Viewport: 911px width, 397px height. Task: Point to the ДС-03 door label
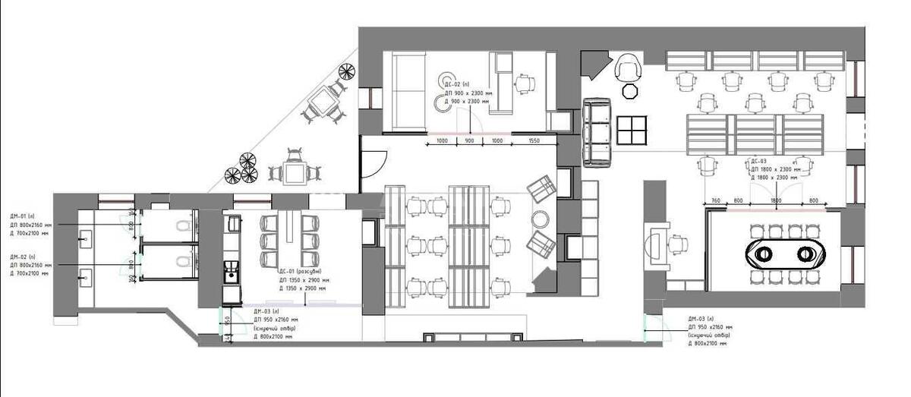[x=758, y=162]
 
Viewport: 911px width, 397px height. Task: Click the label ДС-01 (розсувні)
[x=300, y=272]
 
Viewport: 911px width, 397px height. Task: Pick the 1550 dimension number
[x=534, y=142]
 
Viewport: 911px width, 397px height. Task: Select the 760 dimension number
[x=714, y=202]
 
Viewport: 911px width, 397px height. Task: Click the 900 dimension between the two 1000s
[x=469, y=142]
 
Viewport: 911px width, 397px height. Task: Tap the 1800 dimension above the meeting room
[x=774, y=202]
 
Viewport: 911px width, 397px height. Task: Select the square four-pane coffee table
[x=631, y=131]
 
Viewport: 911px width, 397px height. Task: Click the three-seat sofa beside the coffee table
[x=597, y=132]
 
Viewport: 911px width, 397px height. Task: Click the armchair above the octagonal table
[x=629, y=68]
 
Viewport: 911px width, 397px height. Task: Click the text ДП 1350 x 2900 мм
[x=303, y=280]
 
